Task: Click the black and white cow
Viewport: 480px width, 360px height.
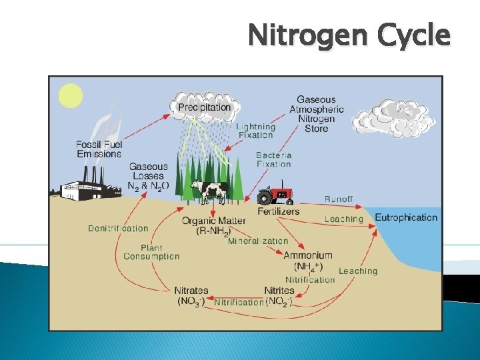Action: [208, 191]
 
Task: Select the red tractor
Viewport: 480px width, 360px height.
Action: [275, 194]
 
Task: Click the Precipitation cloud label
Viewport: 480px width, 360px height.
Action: [205, 107]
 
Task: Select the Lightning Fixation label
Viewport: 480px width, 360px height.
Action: [255, 131]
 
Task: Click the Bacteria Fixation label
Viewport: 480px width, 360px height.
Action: [273, 159]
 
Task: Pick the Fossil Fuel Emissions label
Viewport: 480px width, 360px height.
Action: [98, 149]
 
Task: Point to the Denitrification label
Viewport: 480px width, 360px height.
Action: [118, 228]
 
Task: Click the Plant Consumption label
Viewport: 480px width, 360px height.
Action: [151, 252]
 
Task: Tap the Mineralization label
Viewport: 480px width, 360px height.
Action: [258, 241]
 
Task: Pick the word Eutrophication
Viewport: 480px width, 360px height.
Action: [406, 217]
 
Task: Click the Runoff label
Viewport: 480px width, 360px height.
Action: [339, 199]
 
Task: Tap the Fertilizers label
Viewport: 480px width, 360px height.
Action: [279, 211]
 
